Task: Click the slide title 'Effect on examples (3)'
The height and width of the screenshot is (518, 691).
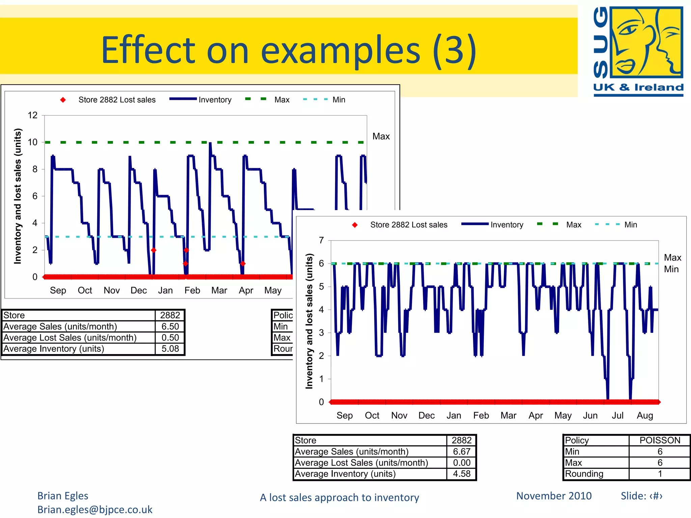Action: click(x=289, y=50)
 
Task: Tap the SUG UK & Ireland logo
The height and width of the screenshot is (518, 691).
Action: click(x=638, y=51)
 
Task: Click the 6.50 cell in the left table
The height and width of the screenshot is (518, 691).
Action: click(x=170, y=326)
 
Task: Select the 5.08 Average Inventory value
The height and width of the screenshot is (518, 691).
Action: click(x=170, y=349)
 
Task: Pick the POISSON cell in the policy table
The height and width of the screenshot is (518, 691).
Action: click(x=660, y=440)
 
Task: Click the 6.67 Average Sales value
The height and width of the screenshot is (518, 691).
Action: click(x=461, y=452)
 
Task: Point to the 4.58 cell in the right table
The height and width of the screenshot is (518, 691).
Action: click(x=461, y=474)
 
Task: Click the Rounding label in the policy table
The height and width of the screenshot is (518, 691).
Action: click(x=584, y=474)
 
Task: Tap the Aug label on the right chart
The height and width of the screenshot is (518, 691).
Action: click(x=645, y=415)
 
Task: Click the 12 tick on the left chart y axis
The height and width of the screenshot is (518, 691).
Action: click(x=33, y=115)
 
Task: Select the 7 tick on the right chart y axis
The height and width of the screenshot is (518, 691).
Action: click(x=321, y=240)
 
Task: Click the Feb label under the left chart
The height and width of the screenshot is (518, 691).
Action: click(x=192, y=290)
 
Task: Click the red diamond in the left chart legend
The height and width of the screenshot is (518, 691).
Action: click(x=63, y=100)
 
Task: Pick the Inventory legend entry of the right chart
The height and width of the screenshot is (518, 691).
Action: click(x=506, y=225)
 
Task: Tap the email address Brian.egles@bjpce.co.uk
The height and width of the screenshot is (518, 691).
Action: click(x=95, y=510)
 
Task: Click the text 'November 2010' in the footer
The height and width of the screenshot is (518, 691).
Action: click(x=554, y=496)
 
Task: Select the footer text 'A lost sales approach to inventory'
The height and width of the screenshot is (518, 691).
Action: click(x=339, y=497)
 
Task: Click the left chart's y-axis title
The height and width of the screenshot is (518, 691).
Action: click(x=18, y=196)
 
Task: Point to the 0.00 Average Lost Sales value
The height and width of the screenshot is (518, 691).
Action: click(x=461, y=463)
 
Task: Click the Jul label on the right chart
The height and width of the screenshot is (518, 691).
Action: click(x=617, y=415)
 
